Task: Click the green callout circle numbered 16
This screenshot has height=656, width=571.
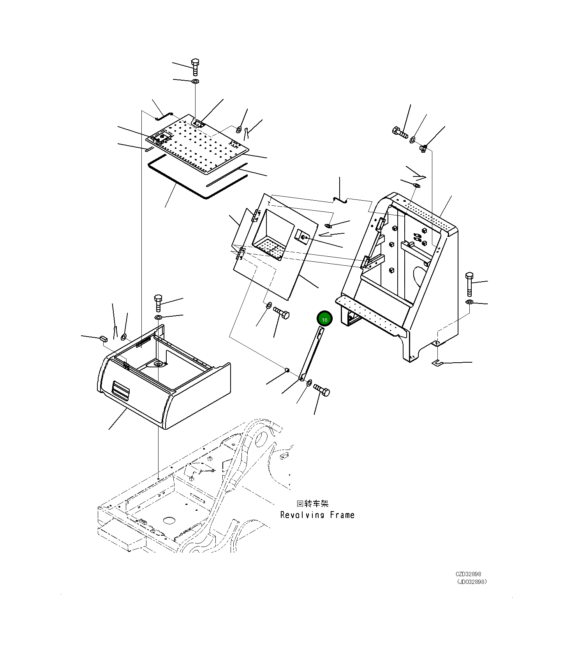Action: pyautogui.click(x=324, y=319)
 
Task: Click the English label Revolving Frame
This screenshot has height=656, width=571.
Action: pyautogui.click(x=317, y=515)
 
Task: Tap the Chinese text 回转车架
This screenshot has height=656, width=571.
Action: pyautogui.click(x=312, y=504)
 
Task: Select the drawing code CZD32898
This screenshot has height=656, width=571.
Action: pyautogui.click(x=468, y=574)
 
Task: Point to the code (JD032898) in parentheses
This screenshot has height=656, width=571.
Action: pyautogui.click(x=472, y=582)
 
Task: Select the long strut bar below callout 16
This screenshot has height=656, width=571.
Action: pyautogui.click(x=311, y=354)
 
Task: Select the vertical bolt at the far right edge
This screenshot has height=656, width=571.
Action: pyautogui.click(x=469, y=284)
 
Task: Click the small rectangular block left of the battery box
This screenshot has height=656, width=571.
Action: pyautogui.click(x=103, y=338)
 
